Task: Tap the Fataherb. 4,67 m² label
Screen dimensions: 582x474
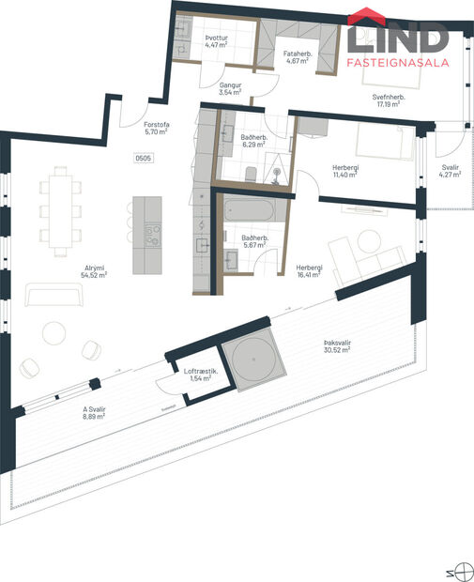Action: pos(298,58)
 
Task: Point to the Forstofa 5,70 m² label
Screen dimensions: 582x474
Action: pos(156,129)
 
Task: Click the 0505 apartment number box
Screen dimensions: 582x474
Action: pos(144,159)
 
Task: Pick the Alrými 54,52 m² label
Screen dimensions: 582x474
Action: pos(93,272)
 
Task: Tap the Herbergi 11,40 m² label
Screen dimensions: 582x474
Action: pos(344,172)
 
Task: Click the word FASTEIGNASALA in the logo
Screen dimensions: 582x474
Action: pos(399,64)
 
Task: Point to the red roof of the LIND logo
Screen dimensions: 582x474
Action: pos(364,17)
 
